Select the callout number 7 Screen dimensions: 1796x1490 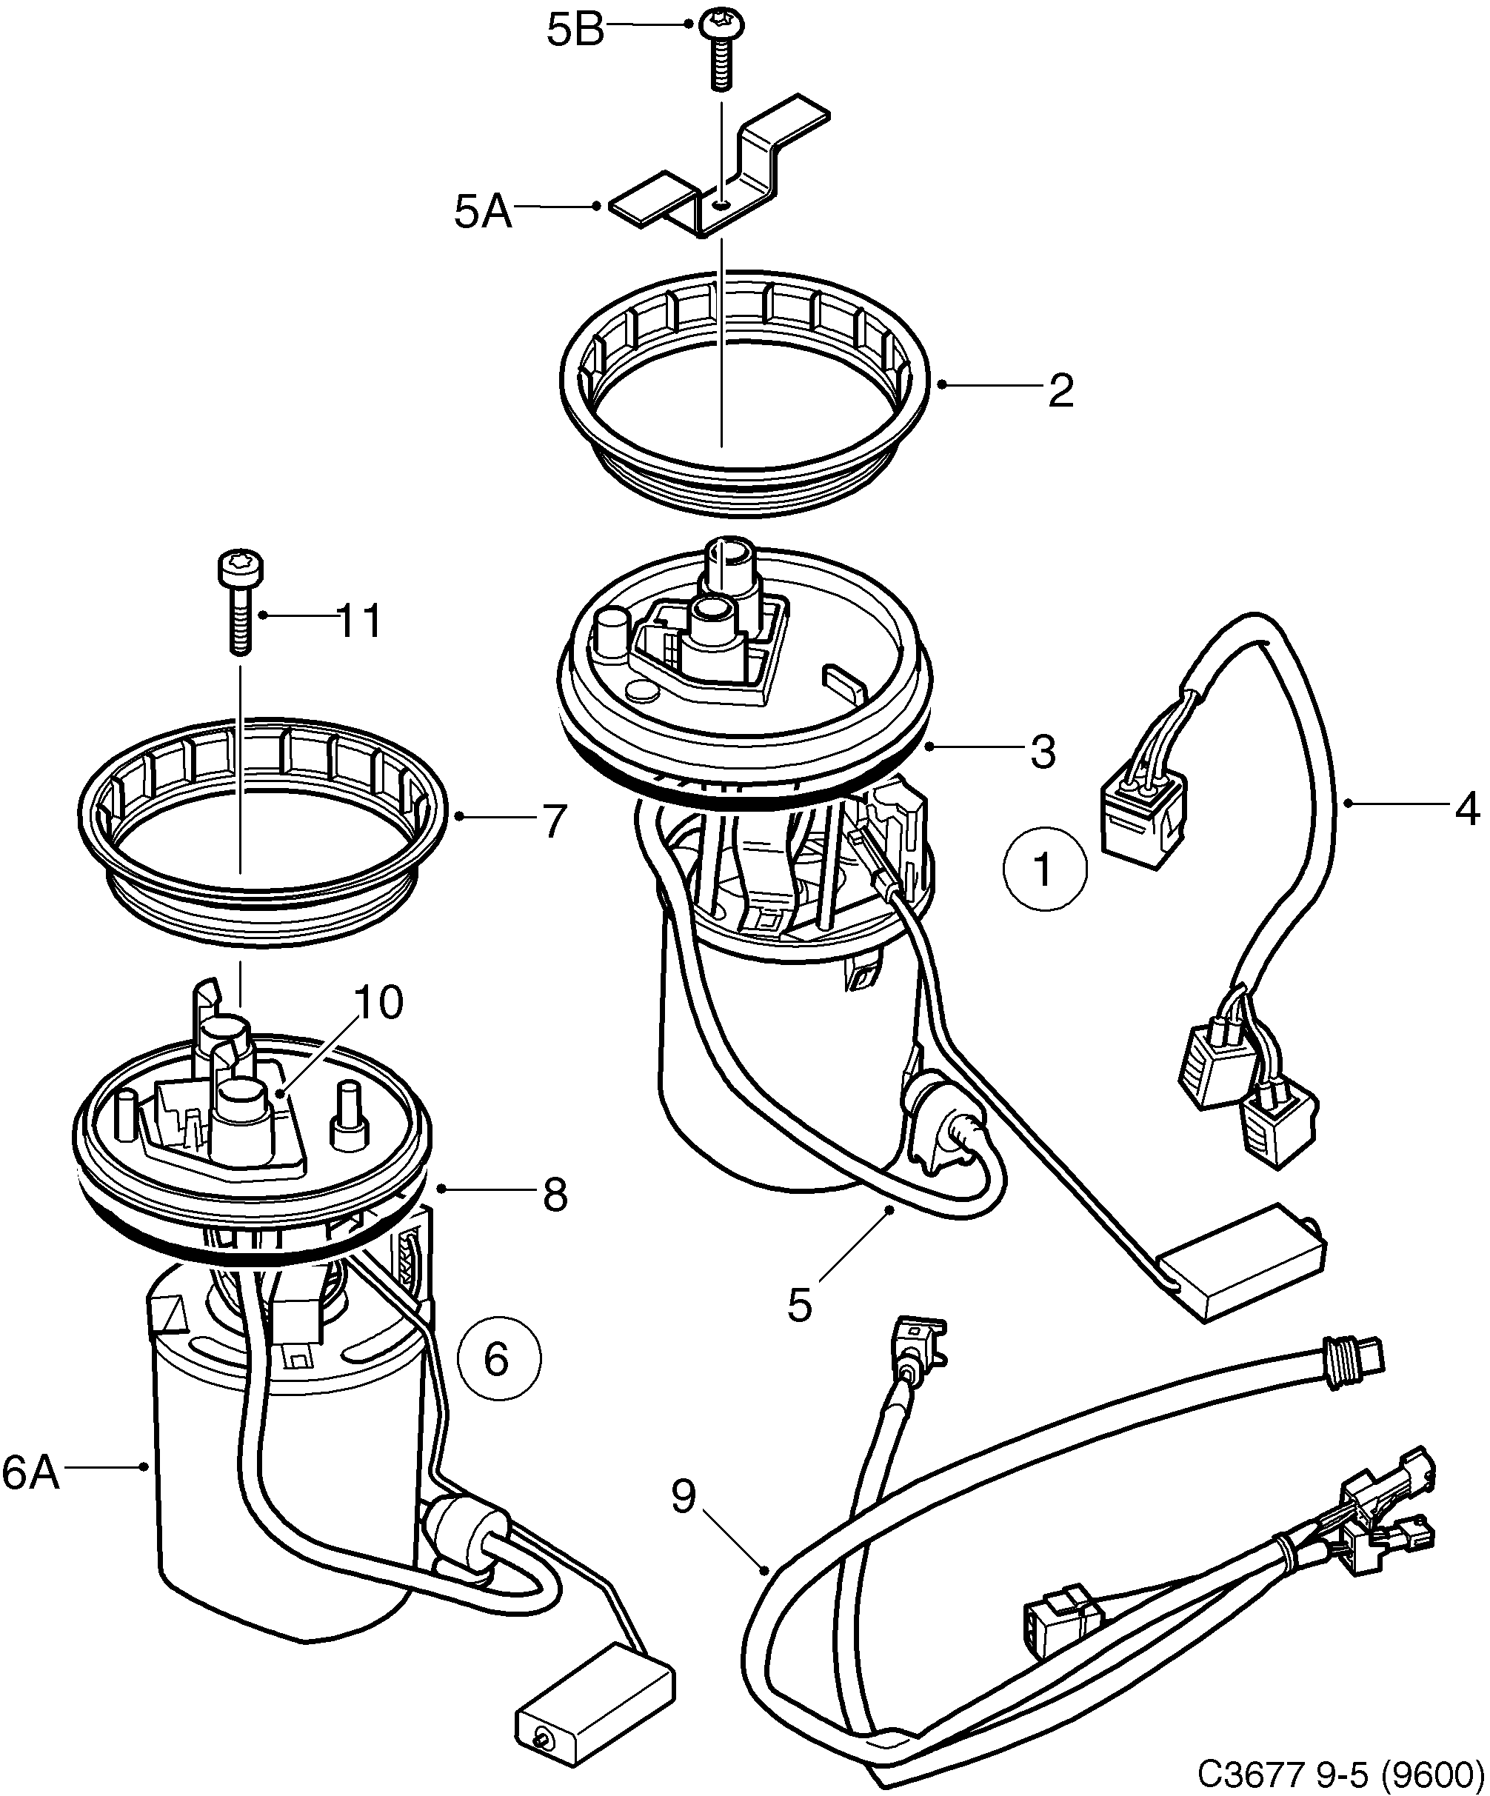pos(554,821)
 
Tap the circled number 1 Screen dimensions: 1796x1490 pos(1044,869)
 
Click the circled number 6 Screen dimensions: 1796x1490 pos(498,1359)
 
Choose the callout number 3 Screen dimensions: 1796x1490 pos(1043,752)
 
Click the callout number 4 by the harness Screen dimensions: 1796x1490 pos(1466,808)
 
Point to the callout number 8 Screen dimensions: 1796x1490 pos(554,1195)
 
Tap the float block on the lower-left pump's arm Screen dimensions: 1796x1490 pos(594,1706)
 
